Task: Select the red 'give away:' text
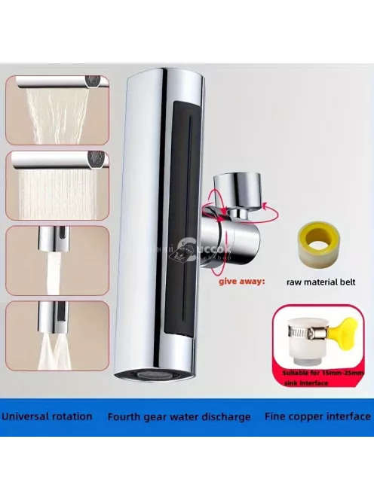(x=241, y=282)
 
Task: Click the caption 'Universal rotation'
(x=47, y=416)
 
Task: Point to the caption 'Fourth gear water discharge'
(x=179, y=416)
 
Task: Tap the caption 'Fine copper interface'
(x=317, y=416)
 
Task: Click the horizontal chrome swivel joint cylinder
(x=230, y=241)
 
